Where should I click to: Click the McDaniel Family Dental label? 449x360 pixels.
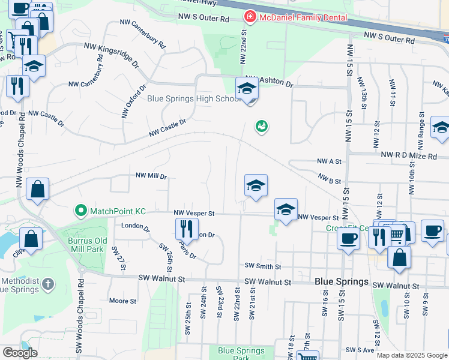[303, 17]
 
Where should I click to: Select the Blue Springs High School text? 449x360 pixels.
[194, 99]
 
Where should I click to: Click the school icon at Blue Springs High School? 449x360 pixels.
[247, 89]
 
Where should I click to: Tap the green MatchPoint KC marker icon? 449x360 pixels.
[80, 211]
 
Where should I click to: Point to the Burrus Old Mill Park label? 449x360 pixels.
[83, 245]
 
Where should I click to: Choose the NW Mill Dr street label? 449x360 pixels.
[151, 176]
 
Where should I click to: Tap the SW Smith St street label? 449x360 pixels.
[263, 266]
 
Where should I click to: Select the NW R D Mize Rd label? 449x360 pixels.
[408, 155]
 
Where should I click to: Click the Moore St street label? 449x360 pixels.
[122, 301]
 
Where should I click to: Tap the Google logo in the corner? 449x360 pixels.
[20, 353]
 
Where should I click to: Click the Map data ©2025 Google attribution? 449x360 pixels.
[412, 355]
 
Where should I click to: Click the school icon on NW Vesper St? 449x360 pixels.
[286, 209]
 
